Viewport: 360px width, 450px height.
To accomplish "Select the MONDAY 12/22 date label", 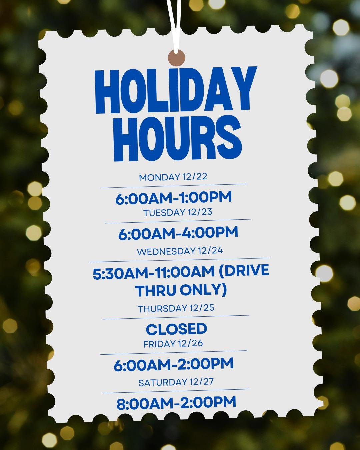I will point(173,177).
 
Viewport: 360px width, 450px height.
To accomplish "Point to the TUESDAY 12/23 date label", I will point(178,213).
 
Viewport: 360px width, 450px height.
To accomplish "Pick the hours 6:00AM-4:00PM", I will point(178,233).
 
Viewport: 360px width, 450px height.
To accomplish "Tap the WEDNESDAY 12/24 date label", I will point(180,251).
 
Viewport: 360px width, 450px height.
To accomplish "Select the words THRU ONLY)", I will point(181,290).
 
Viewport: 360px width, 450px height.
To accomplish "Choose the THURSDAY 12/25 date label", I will point(176,309).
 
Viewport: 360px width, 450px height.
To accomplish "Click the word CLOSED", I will point(176,329).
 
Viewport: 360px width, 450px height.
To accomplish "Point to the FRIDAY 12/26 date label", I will point(173,344).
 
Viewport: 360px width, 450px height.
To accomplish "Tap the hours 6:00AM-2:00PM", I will point(173,364).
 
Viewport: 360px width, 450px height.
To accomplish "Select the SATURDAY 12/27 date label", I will point(176,382).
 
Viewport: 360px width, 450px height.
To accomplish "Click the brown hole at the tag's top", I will point(176,58).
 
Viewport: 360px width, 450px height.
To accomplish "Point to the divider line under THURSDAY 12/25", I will point(176,317).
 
